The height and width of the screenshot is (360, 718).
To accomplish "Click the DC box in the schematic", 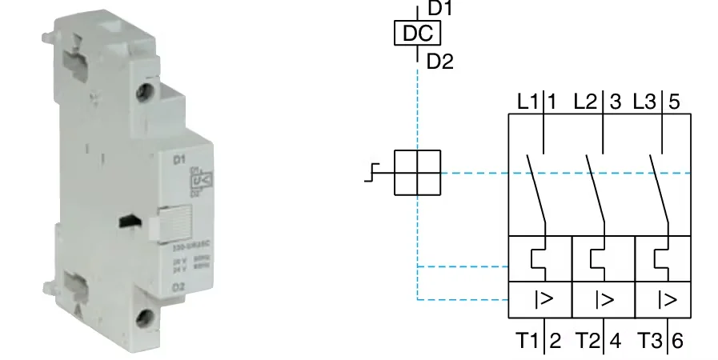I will click(417, 34).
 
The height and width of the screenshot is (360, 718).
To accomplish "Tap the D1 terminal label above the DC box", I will click(440, 9).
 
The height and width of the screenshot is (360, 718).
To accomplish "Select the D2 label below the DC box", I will click(440, 61).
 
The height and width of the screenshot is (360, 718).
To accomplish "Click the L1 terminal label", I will click(527, 102).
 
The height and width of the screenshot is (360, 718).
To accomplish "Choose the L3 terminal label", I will click(645, 102).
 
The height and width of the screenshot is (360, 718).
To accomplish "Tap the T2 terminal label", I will click(588, 341).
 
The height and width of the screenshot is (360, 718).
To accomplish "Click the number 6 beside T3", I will click(677, 341).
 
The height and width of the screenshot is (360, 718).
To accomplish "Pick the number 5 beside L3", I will click(674, 102).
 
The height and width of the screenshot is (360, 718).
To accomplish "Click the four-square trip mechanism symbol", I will click(418, 172).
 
